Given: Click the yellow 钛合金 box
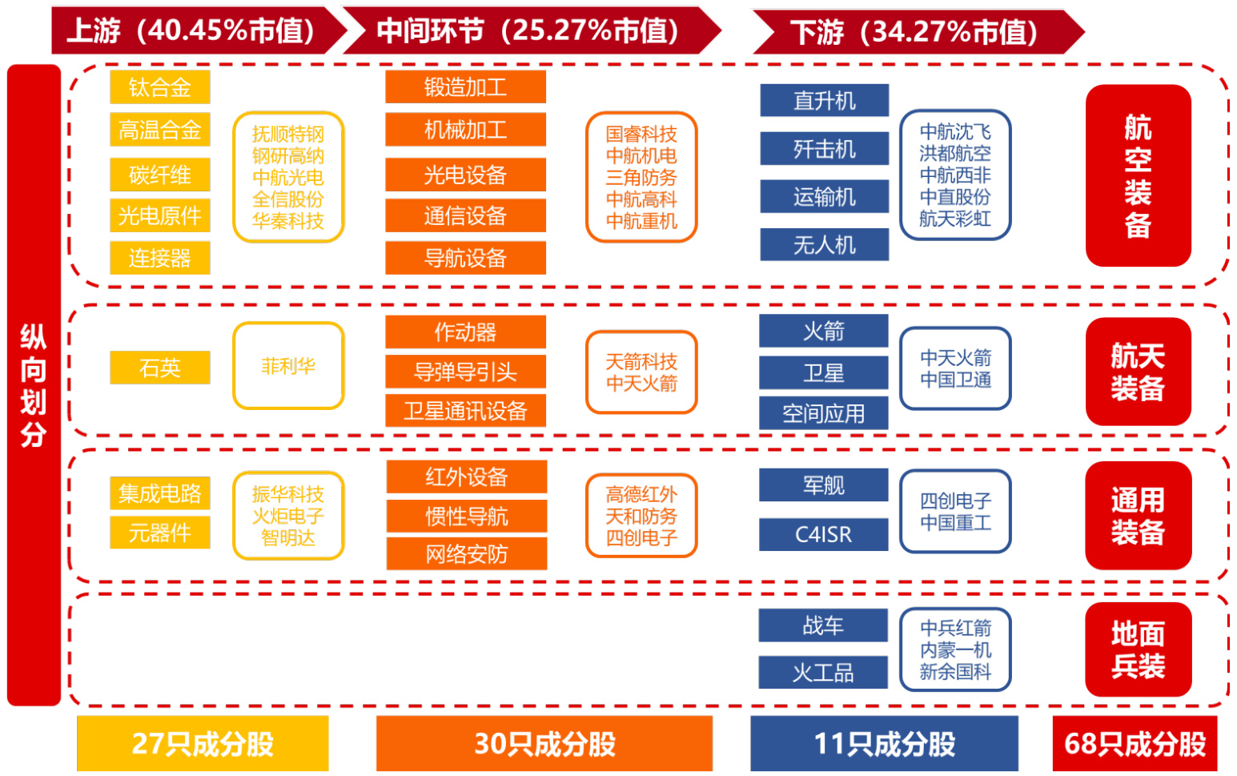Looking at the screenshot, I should tap(160, 87).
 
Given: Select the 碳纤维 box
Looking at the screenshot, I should tap(160, 175).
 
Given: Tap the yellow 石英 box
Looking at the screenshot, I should tap(160, 368).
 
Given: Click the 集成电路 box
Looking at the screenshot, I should tap(160, 493).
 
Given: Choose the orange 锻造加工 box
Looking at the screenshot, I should tap(465, 86).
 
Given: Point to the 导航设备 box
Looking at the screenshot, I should tap(465, 258).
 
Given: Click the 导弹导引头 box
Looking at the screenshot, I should tap(465, 372).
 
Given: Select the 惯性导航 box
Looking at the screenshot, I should tap(467, 517).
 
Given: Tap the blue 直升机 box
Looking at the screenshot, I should tap(824, 101).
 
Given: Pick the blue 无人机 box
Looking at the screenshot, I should tap(824, 244).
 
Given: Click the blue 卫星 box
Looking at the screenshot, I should tap(824, 372).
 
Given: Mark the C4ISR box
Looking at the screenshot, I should tap(824, 534).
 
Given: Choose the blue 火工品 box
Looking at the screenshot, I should tap(823, 673).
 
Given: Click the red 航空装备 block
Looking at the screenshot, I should tap(1138, 175).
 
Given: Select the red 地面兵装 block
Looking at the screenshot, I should tap(1138, 649).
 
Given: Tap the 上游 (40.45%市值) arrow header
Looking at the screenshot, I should tap(192, 31).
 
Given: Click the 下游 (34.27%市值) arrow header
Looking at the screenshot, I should tap(913, 32).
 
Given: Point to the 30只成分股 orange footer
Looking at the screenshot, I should tap(544, 744).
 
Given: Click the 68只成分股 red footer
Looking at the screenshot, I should tap(1135, 744).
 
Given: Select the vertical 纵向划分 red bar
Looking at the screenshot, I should tap(34, 384).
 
